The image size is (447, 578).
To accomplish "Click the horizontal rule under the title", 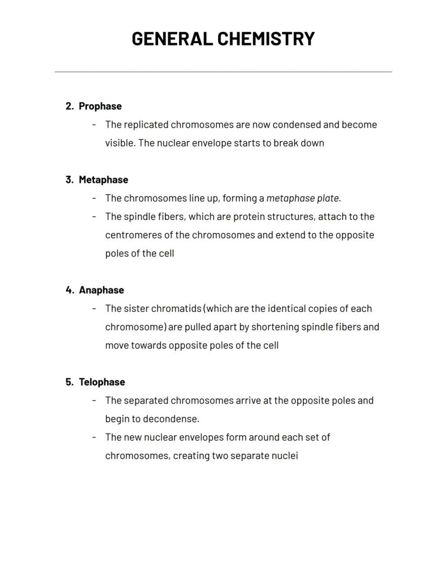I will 223,71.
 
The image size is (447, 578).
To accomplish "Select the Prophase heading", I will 100,106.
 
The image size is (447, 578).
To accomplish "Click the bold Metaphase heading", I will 103,180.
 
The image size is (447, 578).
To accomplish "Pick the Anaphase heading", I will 101,290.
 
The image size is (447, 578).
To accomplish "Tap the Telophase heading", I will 101,382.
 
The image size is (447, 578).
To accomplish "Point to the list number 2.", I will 69,106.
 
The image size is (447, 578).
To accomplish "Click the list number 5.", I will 69,382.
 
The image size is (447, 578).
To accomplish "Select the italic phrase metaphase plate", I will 303,198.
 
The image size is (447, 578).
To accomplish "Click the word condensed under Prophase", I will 296,125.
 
